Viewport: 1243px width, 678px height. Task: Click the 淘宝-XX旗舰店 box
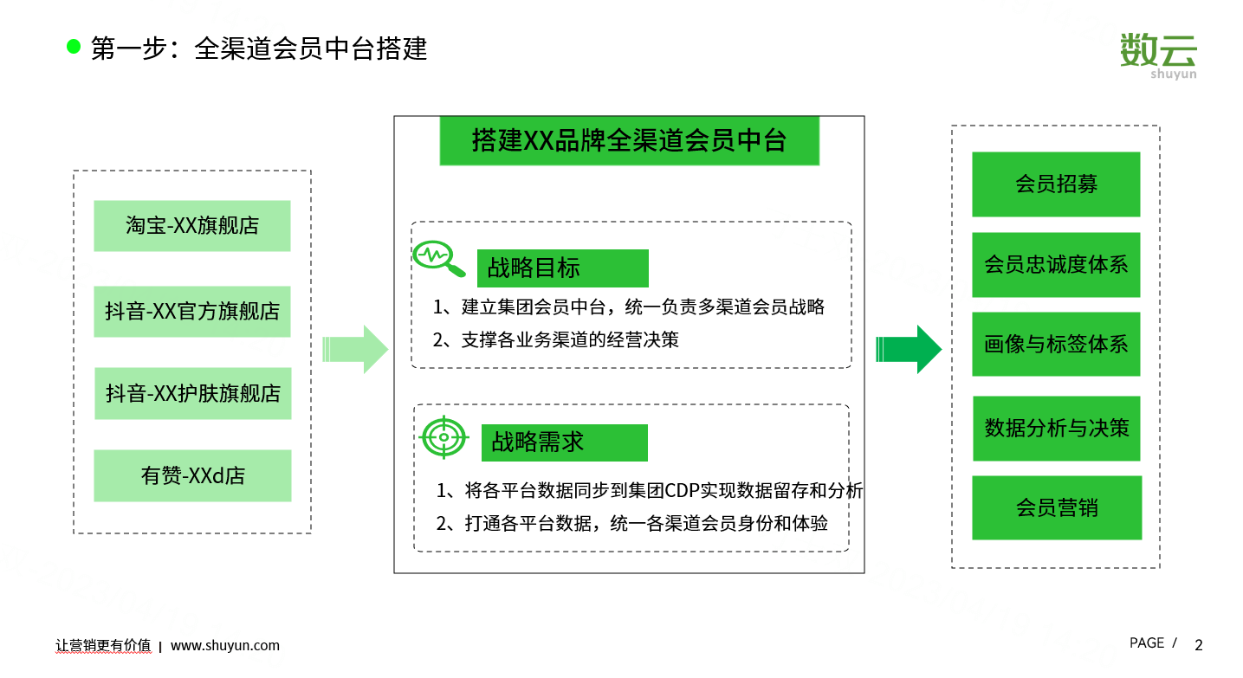192,226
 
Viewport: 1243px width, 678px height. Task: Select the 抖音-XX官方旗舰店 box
192,311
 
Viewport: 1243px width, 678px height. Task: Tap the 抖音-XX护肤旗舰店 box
192,393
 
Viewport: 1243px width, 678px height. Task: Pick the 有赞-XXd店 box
192,475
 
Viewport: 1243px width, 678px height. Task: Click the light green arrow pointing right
355,349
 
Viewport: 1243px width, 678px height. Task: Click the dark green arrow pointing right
909,349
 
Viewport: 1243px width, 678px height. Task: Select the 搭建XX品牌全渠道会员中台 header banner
629,140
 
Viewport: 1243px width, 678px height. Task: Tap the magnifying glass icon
438,258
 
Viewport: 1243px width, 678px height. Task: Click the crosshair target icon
443,437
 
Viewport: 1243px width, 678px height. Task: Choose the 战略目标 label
563,268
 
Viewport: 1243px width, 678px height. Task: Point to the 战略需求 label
565,442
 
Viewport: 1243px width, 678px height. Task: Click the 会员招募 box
1056,184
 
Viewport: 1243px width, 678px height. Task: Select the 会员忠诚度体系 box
1056,265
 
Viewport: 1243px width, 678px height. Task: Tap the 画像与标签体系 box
1056,344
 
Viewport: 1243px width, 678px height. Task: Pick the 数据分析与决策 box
1057,429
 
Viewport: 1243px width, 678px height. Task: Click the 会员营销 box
1057,507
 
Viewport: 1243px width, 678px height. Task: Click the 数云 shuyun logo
1158,55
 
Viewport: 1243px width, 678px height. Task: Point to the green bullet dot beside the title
74,47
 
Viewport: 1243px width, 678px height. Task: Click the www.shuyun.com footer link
224,646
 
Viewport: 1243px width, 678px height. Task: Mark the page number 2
1199,645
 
